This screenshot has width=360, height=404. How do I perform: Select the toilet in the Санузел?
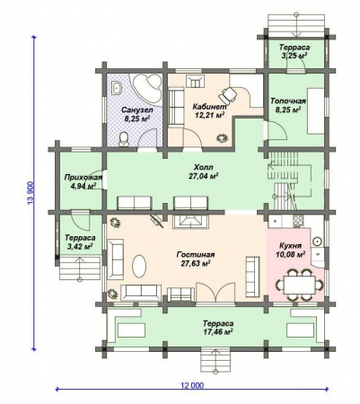pyautogui.click(x=124, y=136)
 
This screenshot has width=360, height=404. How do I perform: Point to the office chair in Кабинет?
pyautogui.click(x=228, y=94)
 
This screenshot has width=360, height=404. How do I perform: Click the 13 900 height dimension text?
pyautogui.click(x=31, y=191)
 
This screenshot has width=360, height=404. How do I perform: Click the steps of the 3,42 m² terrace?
pyautogui.click(x=81, y=266)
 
